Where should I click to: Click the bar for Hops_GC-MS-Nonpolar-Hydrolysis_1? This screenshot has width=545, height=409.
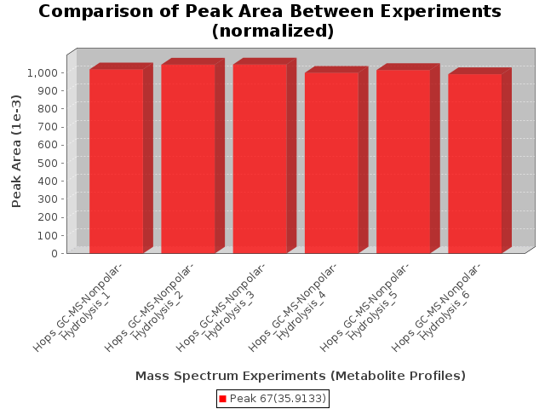(x=117, y=161)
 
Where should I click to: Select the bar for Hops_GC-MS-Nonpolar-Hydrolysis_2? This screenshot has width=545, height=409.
(x=188, y=158)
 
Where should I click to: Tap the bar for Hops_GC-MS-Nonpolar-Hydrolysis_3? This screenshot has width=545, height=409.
(x=260, y=158)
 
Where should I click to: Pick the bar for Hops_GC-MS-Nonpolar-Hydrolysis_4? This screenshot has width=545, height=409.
(x=331, y=163)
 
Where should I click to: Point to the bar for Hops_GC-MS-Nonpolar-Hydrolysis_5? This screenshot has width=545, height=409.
(x=403, y=161)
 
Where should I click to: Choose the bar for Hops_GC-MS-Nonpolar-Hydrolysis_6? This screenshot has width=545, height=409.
(x=475, y=164)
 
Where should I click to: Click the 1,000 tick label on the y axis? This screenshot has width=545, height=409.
(x=42, y=72)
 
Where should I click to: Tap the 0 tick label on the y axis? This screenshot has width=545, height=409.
(x=54, y=253)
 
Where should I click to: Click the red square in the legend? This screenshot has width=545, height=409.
(x=223, y=399)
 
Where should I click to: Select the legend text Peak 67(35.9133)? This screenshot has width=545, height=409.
(x=278, y=399)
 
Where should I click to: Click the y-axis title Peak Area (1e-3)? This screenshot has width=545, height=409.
(x=16, y=152)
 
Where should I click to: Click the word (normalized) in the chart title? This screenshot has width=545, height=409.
(x=272, y=31)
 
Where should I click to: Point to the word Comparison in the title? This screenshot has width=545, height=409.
(x=96, y=11)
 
